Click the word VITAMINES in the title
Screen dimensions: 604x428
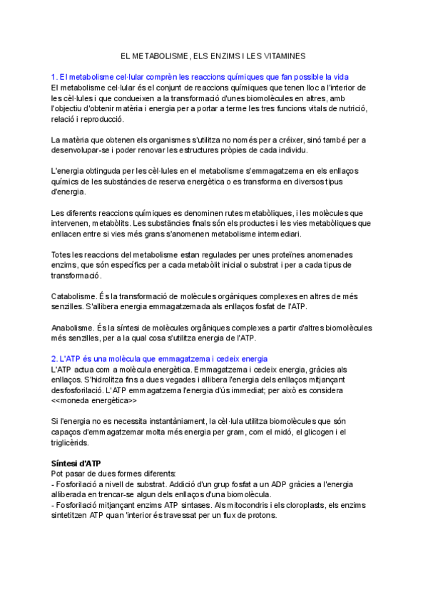(x=282, y=56)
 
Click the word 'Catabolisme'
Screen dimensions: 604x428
(x=74, y=296)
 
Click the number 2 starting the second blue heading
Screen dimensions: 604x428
(x=54, y=358)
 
